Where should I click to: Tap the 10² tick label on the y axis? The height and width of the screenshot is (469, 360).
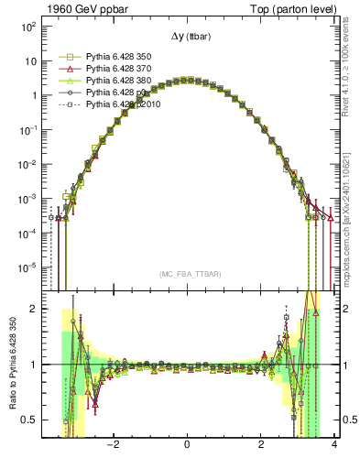coord(27,27)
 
